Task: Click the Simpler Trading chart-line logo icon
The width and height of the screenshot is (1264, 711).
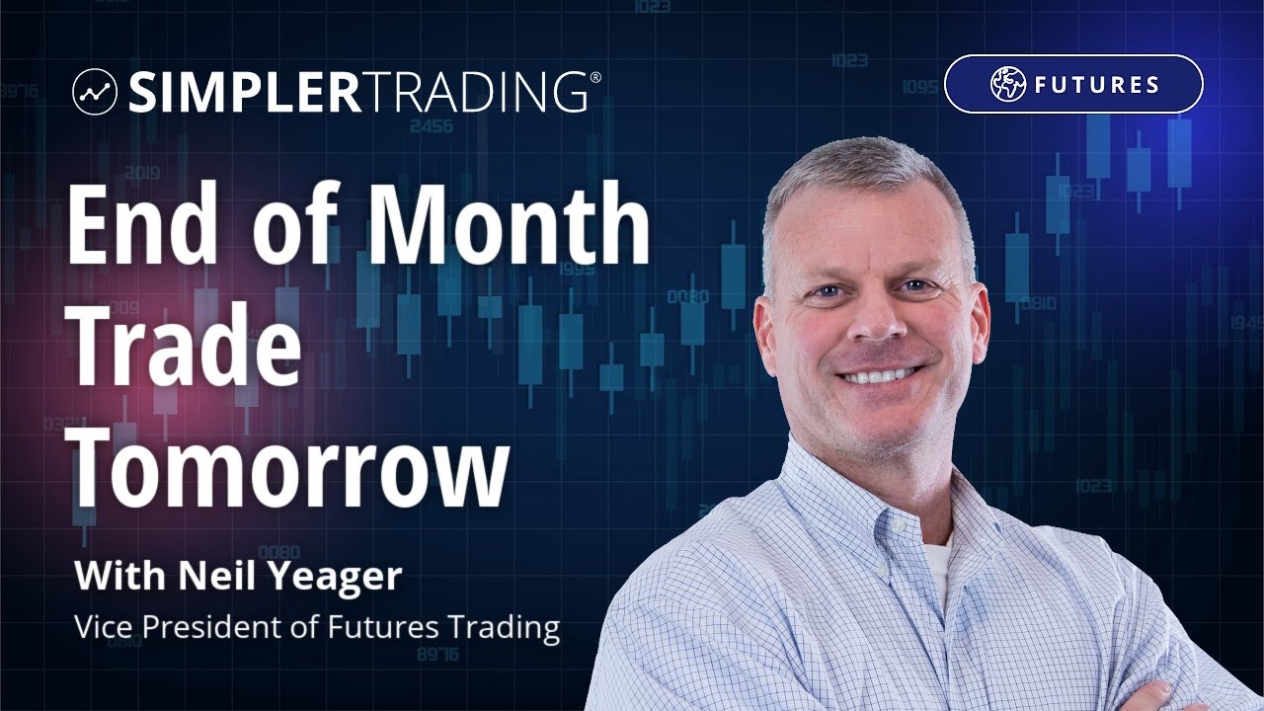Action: [95, 92]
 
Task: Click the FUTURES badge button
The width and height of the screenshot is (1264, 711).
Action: [1073, 84]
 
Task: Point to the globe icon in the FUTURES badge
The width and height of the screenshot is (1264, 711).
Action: [1008, 85]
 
